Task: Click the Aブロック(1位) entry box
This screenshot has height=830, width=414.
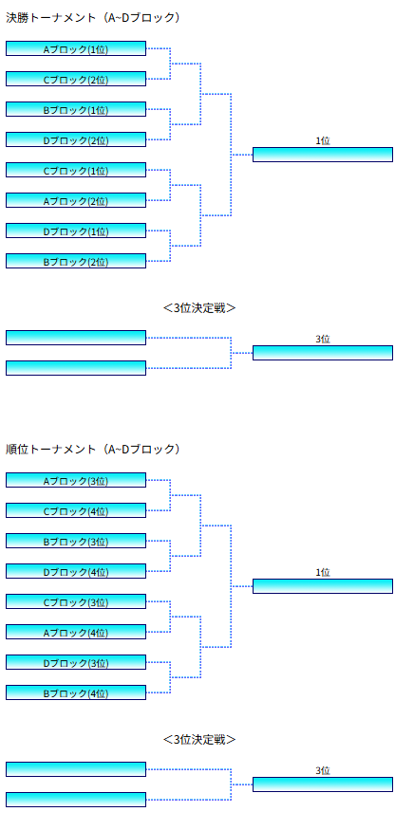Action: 76,48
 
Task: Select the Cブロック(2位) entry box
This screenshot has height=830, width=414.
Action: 76,79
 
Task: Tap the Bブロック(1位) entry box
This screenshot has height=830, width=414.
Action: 76,110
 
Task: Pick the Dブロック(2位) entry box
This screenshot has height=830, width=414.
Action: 76,139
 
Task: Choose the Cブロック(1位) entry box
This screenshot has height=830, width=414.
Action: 76,170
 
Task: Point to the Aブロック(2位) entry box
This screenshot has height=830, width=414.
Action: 76,200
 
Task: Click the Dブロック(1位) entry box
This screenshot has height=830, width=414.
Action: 76,231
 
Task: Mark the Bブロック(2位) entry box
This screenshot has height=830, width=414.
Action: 76,261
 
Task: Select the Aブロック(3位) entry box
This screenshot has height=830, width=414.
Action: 76,480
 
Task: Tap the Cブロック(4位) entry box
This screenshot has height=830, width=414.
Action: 76,511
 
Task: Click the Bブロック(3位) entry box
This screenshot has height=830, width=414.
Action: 76,541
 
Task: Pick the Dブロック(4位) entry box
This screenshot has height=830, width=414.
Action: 76,571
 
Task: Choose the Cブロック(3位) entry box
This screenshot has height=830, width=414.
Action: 76,601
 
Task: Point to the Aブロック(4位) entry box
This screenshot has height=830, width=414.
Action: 76,632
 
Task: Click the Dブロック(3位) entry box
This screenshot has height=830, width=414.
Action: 76,662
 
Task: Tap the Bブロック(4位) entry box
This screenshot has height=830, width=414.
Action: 76,692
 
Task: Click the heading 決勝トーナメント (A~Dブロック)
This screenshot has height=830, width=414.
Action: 93,18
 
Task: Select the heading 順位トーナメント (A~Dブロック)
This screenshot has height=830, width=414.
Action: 93,450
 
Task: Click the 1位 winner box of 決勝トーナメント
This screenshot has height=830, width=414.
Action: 323,155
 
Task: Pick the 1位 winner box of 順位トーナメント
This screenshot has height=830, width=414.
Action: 323,586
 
